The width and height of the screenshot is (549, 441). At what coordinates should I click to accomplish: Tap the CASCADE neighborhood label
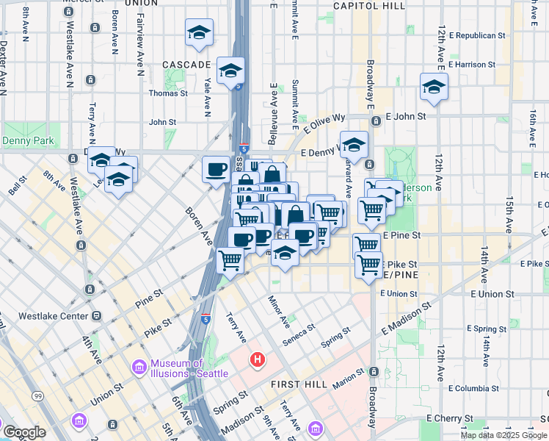187,65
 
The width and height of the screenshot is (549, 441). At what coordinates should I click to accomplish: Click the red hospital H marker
258,359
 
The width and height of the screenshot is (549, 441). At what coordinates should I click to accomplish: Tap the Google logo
23,432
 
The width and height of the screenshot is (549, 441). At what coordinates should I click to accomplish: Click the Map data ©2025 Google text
503,435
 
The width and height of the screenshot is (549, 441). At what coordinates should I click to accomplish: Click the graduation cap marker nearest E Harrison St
434,87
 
